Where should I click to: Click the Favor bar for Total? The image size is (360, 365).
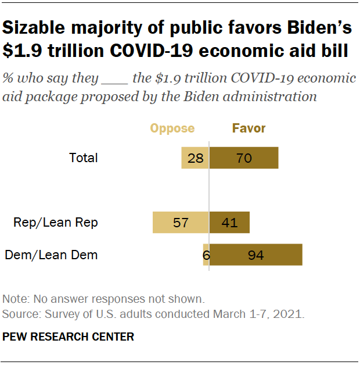[244, 158]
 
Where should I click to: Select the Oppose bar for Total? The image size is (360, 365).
[195, 158]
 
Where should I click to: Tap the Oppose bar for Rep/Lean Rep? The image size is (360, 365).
[181, 222]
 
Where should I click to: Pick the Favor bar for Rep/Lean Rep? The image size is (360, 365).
[229, 222]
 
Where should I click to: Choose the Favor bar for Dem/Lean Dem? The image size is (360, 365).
[256, 255]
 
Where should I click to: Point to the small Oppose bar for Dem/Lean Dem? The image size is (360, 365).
[206, 255]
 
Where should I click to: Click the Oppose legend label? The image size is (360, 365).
[172, 128]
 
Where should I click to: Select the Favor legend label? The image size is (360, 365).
[249, 128]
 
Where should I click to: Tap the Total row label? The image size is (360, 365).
[84, 158]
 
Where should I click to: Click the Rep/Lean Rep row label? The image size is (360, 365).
[56, 222]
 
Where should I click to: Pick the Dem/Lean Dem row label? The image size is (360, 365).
[51, 255]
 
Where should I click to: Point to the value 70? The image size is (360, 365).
[244, 158]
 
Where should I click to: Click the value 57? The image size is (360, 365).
[181, 222]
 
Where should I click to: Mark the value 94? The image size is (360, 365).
[256, 255]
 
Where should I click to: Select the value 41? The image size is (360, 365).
[229, 222]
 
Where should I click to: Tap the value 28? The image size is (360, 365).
[195, 158]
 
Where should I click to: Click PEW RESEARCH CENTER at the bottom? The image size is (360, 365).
[69, 337]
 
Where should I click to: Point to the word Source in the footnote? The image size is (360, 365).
[19, 314]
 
